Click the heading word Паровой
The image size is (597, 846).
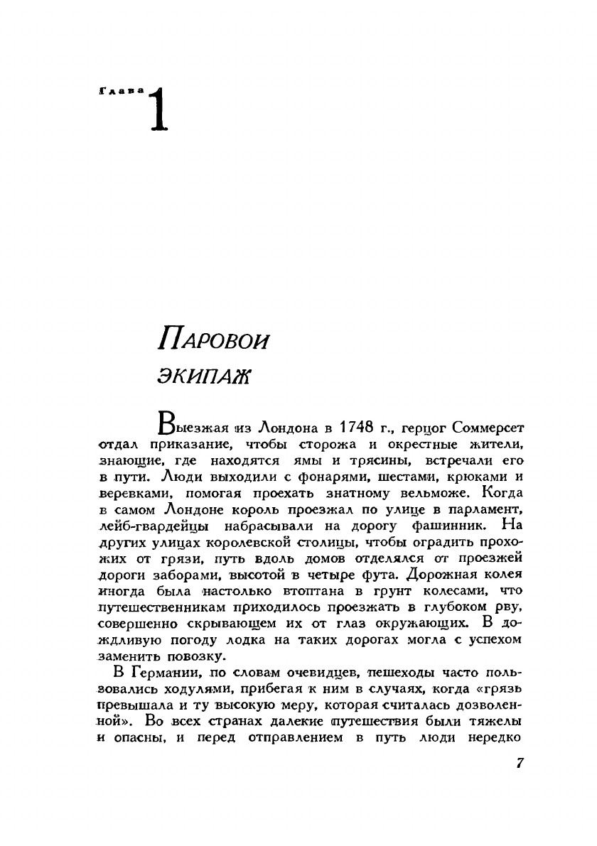tap(214, 340)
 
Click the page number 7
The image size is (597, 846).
tap(519, 763)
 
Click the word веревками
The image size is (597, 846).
tap(134, 493)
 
